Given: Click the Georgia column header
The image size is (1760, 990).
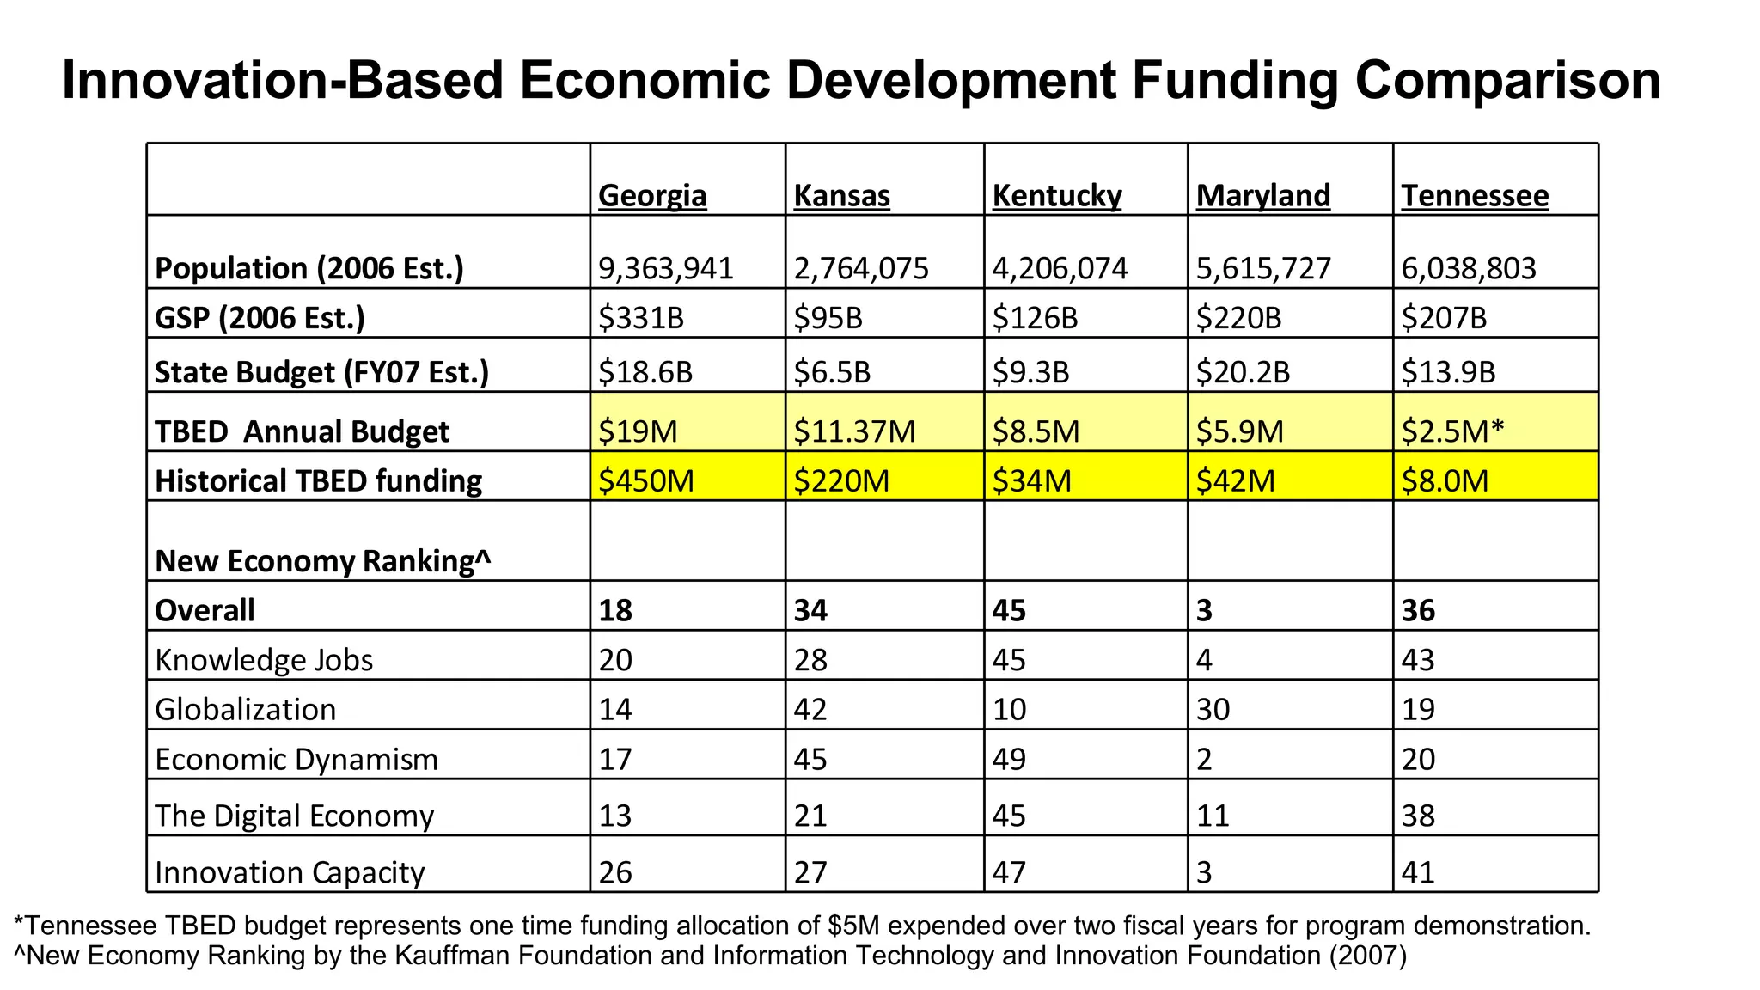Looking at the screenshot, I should click(652, 196).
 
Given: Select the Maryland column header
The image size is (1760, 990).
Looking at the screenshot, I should click(1262, 196).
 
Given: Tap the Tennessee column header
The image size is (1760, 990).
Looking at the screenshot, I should click(1475, 196).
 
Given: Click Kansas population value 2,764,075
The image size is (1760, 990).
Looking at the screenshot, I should click(861, 269).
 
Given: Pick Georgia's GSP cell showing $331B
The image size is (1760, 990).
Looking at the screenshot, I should click(641, 318).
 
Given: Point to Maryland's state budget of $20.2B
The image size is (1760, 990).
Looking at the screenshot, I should click(1243, 372).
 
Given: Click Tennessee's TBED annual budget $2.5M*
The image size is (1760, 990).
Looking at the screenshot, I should click(1452, 431).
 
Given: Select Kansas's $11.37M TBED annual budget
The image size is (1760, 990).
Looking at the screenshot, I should click(854, 431).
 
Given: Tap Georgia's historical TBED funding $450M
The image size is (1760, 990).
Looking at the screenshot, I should click(646, 480).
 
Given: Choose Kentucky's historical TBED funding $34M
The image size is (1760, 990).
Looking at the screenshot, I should click(1031, 480).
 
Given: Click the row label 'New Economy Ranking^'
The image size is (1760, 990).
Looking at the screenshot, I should click(323, 561).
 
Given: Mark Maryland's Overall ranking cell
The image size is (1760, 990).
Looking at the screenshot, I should click(1205, 610).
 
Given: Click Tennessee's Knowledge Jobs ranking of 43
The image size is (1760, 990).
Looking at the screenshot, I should click(1418, 660).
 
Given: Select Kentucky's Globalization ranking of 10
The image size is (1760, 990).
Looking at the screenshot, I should click(1009, 710).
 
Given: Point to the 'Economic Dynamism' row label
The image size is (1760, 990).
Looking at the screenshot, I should click(296, 760).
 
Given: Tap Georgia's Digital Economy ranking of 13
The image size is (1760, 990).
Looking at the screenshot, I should click(615, 816).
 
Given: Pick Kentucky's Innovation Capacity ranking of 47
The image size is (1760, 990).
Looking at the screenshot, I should click(1009, 872).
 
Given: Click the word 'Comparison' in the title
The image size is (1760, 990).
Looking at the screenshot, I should click(1507, 81).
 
